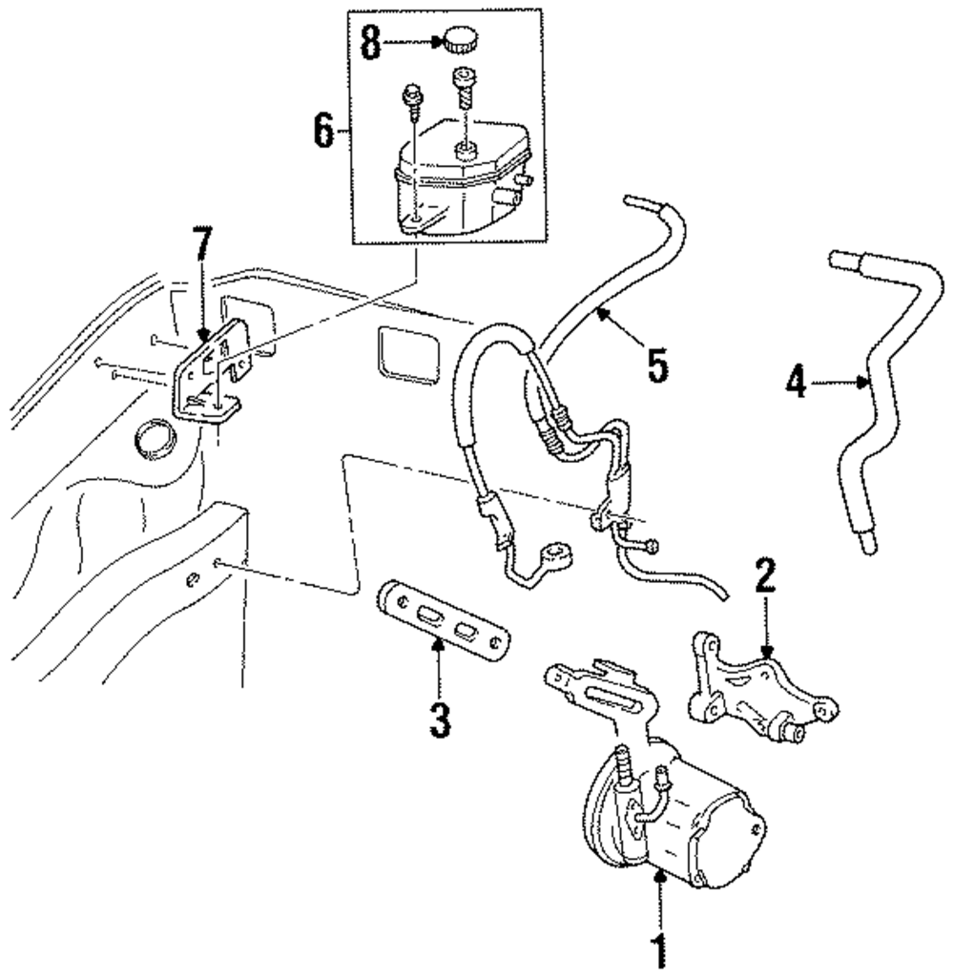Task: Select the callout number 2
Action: point(765,575)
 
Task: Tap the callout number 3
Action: point(440,719)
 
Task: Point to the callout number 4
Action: point(796,382)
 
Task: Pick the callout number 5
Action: point(657,365)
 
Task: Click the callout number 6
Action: point(323,131)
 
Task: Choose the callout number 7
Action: point(202,243)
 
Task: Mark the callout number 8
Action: point(370,42)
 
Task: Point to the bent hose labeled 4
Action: point(883,400)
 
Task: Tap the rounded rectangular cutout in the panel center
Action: point(408,354)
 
